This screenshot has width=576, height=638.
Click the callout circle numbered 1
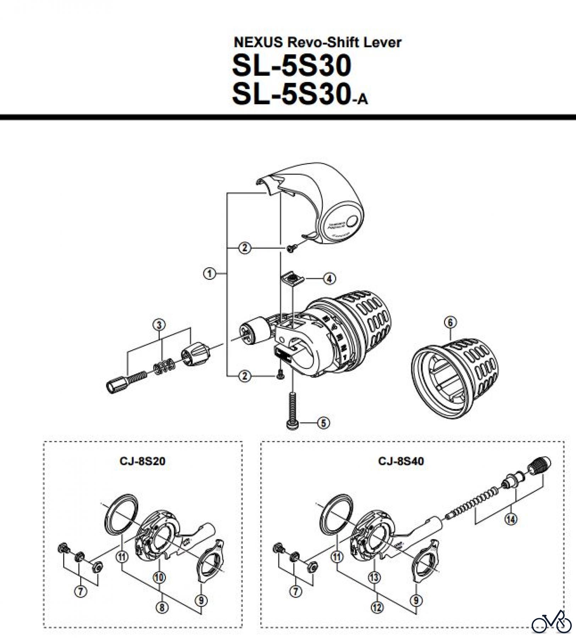210,274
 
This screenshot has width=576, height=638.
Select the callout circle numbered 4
329,279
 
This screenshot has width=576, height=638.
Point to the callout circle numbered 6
450,323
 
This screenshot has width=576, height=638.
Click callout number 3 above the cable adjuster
159,325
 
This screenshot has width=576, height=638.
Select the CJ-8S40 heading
401,461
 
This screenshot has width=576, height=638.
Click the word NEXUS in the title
258,43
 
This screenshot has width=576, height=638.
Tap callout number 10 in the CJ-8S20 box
159,577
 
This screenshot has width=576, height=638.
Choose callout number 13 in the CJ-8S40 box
374,577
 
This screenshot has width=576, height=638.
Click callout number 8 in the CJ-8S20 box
162,608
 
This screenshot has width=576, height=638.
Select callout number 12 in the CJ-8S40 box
377,608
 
